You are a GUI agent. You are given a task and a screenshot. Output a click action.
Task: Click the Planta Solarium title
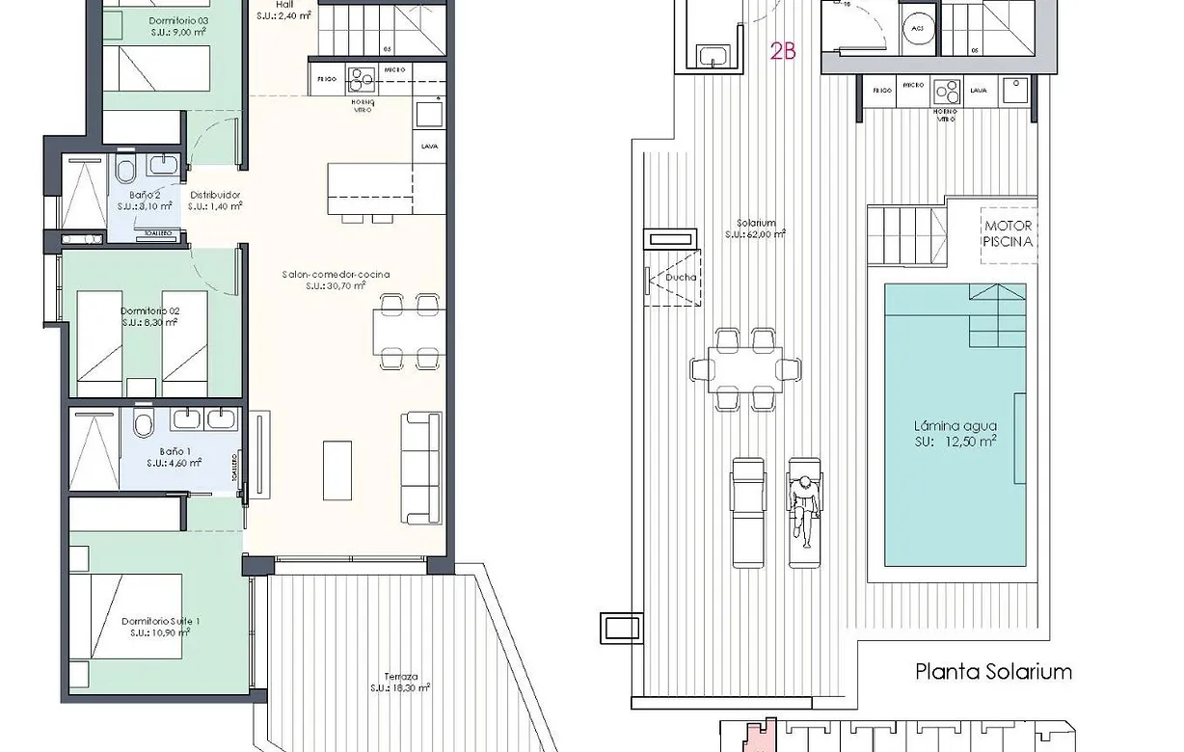click(993, 672)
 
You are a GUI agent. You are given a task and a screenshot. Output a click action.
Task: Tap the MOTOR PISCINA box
click(1009, 233)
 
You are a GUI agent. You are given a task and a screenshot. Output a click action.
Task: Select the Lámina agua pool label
click(955, 433)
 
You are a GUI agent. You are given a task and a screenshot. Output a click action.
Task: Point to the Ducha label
click(679, 280)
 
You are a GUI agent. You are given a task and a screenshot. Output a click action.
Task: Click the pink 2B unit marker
click(783, 52)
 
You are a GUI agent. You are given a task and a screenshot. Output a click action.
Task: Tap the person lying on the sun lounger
click(803, 507)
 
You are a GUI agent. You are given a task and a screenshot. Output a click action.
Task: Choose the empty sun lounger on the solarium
click(748, 511)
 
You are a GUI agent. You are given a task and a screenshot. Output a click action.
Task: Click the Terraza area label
click(399, 682)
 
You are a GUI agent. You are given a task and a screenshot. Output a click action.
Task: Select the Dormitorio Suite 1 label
click(161, 627)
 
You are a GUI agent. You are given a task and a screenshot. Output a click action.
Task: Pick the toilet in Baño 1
click(144, 423)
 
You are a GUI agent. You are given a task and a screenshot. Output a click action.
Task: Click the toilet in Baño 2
click(125, 172)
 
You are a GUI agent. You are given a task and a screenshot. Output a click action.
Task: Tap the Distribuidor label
click(214, 200)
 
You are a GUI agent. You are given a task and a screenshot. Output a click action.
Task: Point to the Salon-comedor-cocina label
click(336, 280)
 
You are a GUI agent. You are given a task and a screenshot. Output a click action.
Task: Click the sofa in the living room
click(421, 467)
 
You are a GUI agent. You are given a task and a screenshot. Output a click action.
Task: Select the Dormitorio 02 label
click(150, 316)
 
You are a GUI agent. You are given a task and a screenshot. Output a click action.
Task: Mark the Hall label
click(284, 10)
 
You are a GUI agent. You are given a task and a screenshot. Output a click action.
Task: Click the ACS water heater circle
click(915, 29)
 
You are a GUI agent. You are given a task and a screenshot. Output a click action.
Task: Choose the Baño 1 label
click(175, 456)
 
